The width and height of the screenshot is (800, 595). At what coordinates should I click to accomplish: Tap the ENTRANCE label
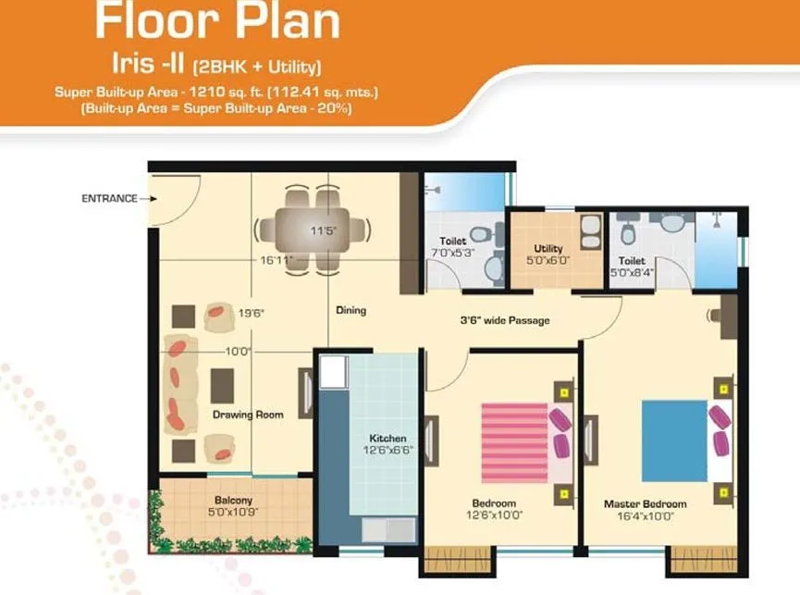(109, 198)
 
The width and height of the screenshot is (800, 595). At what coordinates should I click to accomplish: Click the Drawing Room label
(247, 415)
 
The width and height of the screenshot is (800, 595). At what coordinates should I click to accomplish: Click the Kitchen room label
(388, 438)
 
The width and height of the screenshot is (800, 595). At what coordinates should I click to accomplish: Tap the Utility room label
(548, 249)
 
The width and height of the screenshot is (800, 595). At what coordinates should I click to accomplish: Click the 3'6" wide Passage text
(505, 321)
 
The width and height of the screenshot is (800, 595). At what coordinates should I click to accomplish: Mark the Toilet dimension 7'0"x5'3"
(453, 253)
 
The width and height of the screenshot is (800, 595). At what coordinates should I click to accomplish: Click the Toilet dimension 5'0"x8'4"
(633, 273)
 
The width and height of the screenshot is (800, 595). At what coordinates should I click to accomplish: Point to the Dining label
(351, 310)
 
